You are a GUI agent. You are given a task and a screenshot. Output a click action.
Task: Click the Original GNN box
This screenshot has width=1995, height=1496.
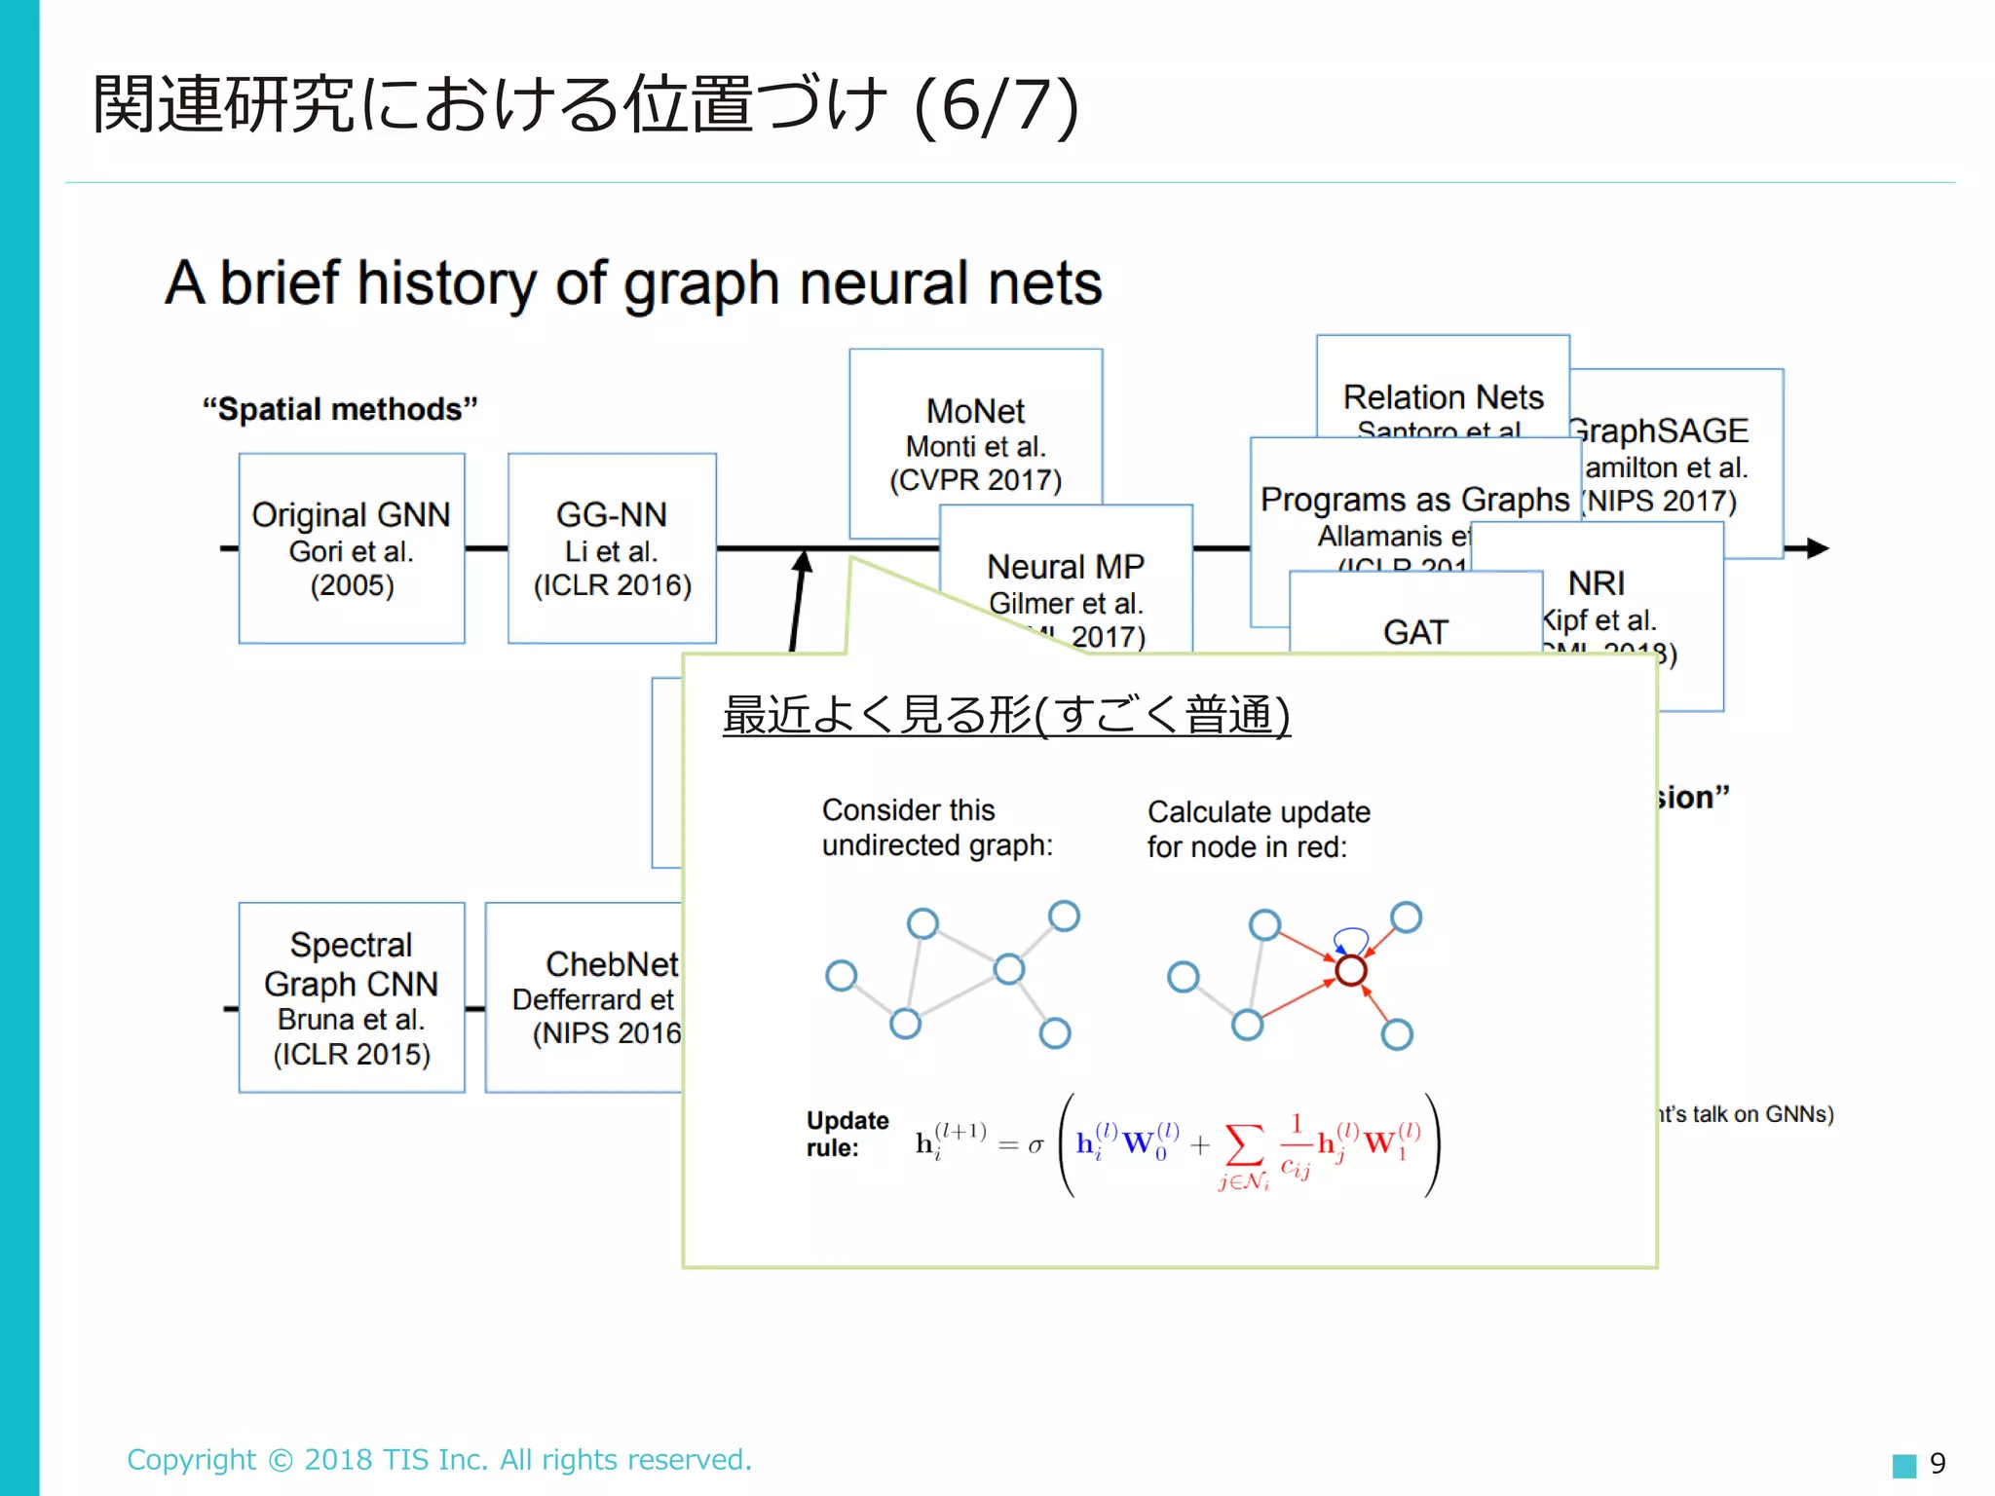[x=352, y=547]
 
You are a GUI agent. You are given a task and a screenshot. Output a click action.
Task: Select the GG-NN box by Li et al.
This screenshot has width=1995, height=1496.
[x=612, y=547]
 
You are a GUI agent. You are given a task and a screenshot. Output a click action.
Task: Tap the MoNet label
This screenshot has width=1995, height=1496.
[x=975, y=411]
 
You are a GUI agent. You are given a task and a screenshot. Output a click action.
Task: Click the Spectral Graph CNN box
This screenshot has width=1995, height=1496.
[x=352, y=996]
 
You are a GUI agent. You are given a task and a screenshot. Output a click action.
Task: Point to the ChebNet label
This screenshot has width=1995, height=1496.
[x=611, y=964]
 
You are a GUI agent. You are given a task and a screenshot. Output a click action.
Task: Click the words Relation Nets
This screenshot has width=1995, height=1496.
[x=1443, y=397]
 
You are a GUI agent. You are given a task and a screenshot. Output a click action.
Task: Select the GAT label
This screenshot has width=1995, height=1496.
[x=1415, y=632]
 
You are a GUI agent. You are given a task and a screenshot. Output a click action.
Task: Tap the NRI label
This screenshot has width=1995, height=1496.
[x=1596, y=583]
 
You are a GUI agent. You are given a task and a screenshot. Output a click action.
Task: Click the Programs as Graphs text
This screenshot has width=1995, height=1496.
[x=1414, y=500]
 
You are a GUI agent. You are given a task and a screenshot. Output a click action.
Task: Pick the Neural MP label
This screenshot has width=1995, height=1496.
[x=1066, y=567]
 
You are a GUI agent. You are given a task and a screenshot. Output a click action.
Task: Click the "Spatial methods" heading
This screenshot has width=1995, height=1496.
[x=340, y=409]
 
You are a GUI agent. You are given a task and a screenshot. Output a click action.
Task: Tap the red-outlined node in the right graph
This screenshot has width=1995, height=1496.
[x=1351, y=970]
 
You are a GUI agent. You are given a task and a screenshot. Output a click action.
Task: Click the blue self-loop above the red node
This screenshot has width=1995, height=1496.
[x=1350, y=937]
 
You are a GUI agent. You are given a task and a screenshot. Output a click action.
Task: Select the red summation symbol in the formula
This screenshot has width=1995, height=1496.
[x=1244, y=1145]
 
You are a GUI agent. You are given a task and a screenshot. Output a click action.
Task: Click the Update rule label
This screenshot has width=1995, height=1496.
[x=847, y=1134]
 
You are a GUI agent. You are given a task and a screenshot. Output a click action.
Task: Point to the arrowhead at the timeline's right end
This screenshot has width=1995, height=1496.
[x=1816, y=548]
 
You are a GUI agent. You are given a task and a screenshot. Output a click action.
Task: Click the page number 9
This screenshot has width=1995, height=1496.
[x=1938, y=1463]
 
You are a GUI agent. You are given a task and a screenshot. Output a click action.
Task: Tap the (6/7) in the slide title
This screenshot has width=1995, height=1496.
[x=996, y=105]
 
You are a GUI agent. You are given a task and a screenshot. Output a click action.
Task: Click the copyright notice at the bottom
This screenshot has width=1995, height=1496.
[x=439, y=1459]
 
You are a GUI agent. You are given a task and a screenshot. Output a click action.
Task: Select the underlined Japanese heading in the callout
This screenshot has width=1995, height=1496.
[x=1006, y=715]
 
